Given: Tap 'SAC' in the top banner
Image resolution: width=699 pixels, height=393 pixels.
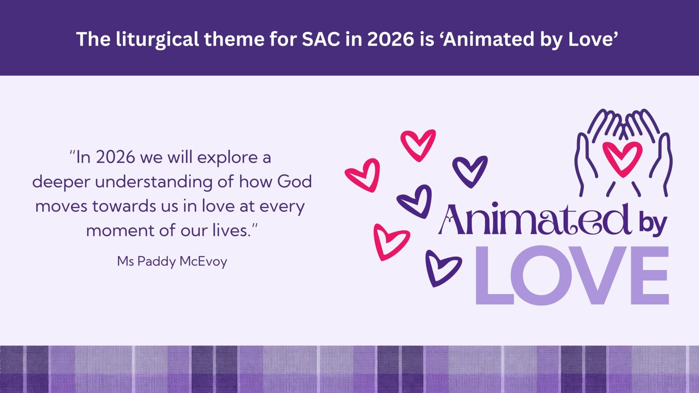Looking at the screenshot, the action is [x=320, y=39].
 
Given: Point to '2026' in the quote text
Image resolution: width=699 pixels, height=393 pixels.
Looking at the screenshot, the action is [x=115, y=158].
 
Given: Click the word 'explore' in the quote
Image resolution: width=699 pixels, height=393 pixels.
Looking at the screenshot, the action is [x=227, y=158].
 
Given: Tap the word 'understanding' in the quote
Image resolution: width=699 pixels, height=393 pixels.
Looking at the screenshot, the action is [x=153, y=182].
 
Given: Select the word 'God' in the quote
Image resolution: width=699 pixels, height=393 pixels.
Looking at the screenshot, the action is [x=294, y=182].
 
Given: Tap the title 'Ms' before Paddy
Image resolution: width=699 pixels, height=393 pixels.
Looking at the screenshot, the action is [x=125, y=261].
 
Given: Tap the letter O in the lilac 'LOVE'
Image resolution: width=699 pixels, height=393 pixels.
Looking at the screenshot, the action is [x=541, y=275].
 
